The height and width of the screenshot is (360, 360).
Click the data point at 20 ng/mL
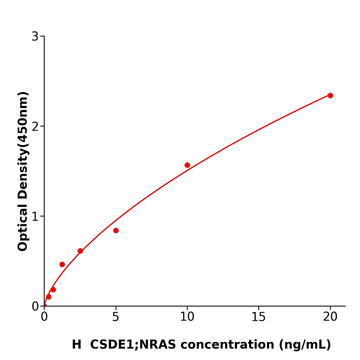point(330,96)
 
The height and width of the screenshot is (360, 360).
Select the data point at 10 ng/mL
point(187,165)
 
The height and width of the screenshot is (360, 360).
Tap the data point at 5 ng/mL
point(116,230)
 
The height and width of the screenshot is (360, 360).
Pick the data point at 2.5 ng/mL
point(80,251)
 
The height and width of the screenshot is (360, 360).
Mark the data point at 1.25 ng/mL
point(62,264)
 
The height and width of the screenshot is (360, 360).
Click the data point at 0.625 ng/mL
point(53,290)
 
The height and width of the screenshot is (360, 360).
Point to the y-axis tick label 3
point(35,37)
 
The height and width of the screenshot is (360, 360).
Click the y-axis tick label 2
point(35,127)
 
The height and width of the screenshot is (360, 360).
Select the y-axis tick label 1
point(35,217)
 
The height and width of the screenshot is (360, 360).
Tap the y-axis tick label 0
point(35,307)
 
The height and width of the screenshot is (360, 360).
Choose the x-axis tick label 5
point(116,317)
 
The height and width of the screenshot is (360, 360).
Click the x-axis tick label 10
point(187,317)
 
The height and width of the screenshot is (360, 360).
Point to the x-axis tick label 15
point(259,317)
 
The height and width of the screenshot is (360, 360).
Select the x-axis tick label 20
point(330,317)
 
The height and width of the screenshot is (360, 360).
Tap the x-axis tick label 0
point(44,317)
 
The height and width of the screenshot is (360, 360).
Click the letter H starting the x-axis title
point(77,345)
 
